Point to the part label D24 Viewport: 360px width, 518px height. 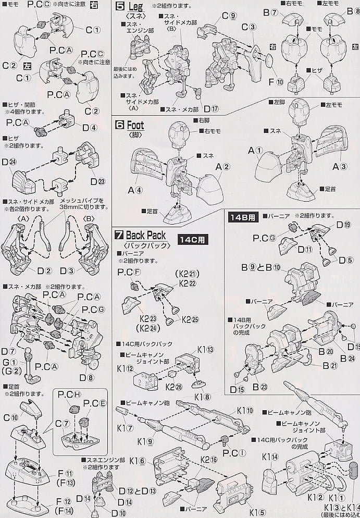(x=9, y=162)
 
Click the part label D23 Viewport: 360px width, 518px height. (x=97, y=181)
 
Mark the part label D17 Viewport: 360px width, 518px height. (x=211, y=109)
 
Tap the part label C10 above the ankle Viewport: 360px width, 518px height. (x=10, y=417)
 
